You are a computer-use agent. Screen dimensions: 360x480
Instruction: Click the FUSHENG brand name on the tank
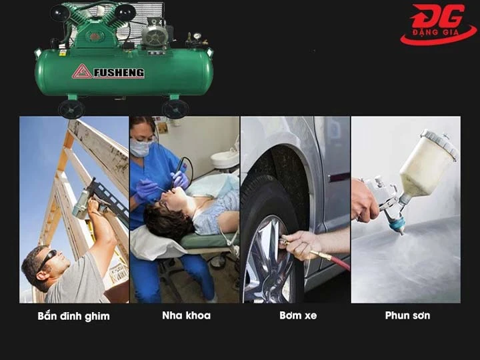coord(119,73)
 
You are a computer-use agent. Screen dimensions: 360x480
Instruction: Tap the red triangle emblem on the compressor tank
coord(82,71)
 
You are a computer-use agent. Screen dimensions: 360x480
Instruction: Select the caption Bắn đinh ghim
coord(73,315)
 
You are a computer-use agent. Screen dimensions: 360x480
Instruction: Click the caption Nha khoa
coord(186,315)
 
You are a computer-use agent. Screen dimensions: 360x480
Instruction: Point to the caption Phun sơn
coord(407,315)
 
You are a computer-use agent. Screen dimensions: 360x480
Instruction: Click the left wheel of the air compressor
coord(71,108)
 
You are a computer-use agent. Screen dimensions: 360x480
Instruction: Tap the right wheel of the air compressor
coord(175,109)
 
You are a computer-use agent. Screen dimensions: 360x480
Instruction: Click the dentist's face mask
coord(141,148)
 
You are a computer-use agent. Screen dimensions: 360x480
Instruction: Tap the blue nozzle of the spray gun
coord(397,225)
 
